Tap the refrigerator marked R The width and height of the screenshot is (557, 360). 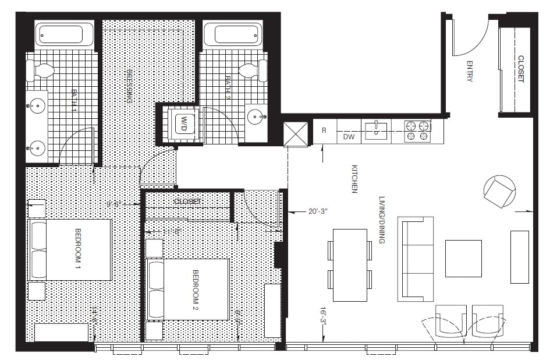coord(324,131)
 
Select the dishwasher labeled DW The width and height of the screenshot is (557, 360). coord(349,137)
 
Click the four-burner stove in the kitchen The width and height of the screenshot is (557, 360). coord(417,130)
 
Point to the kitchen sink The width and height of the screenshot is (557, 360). coord(376,130)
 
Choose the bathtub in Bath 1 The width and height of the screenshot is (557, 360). coord(65,34)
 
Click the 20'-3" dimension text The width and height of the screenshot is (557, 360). coord(318,212)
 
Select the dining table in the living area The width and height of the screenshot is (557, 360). coord(350,265)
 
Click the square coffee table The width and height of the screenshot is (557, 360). coord(463,258)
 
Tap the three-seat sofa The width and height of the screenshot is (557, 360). coord(415,259)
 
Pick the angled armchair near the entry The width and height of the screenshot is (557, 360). coord(500,192)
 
